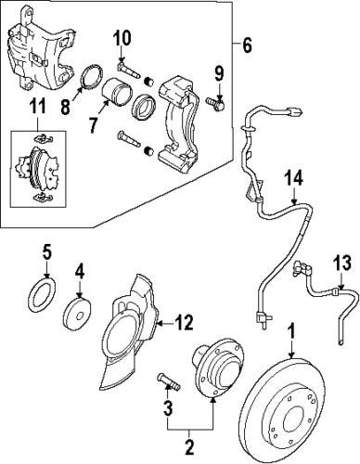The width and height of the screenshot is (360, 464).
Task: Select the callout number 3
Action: click(x=167, y=409)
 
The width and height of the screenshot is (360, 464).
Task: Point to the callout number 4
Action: click(x=80, y=272)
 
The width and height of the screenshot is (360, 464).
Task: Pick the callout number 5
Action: click(x=45, y=251)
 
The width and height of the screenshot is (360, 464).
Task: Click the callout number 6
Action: click(x=246, y=45)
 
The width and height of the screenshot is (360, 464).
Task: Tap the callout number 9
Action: click(x=219, y=73)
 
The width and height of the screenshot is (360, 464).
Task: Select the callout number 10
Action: click(x=122, y=39)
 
